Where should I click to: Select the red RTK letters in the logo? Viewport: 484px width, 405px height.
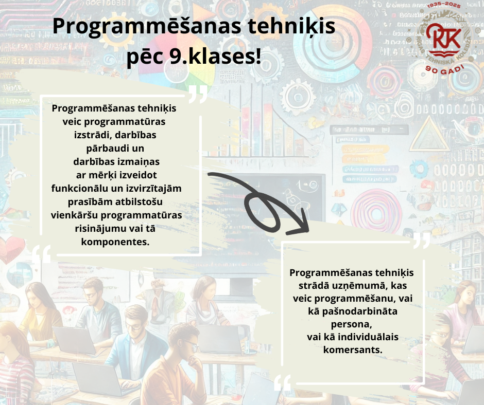coord(443,36)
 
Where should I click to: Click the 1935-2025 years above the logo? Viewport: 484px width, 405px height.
coord(444,5)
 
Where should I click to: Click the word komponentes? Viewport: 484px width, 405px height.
coord(115,242)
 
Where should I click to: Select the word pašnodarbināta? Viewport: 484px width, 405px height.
coord(360,311)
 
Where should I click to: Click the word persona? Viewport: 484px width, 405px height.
coord(351,324)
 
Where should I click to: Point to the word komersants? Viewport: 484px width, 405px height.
coord(353,350)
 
